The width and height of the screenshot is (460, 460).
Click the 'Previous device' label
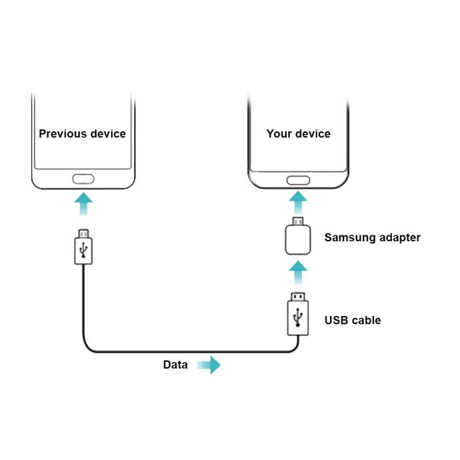coord(82,133)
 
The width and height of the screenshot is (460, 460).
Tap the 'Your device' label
coord(298,133)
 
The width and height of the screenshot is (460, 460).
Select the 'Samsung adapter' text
coord(372,237)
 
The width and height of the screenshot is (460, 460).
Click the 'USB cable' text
coord(353,320)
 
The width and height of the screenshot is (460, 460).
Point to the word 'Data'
coord(175,365)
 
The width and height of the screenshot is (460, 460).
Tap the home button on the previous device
coord(82,180)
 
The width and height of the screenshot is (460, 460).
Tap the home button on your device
coord(298,180)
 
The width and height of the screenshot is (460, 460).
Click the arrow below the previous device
coord(82,204)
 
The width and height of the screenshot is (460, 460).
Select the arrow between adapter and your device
coord(298,201)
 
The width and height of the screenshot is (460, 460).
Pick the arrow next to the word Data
coord(209,365)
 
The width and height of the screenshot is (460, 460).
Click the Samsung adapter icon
coord(298,240)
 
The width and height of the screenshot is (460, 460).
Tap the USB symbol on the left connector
coord(82,251)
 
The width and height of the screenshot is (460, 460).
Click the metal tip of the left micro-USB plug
coord(82,233)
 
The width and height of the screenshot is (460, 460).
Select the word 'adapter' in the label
coord(398,237)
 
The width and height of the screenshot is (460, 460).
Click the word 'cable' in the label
coord(366,320)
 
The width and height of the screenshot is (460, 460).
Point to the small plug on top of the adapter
coord(298,221)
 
